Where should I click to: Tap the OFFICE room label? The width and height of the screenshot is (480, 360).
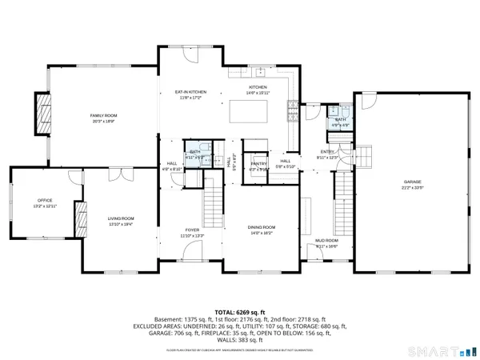45,200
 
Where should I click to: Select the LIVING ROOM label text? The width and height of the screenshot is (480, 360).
122,218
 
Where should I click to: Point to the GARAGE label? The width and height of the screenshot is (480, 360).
412,183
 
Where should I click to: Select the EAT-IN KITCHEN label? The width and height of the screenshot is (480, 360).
190,93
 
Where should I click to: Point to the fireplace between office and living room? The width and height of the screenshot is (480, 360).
80,217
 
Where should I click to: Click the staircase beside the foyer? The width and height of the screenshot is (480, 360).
213,193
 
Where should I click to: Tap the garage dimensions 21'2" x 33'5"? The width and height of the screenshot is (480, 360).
412,189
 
